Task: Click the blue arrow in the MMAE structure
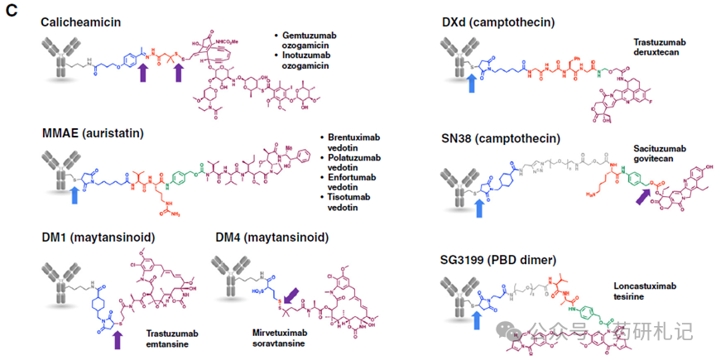point(77,194)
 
